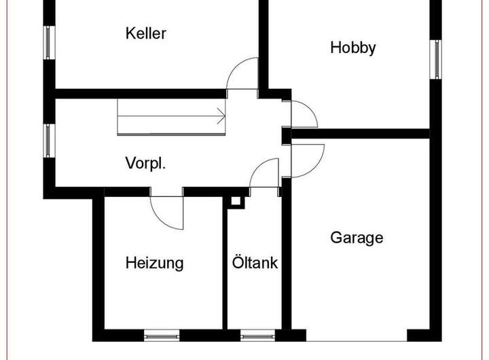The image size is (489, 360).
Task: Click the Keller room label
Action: coord(146,33)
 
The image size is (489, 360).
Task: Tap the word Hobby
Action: coord(352,48)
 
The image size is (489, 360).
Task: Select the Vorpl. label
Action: coord(145,163)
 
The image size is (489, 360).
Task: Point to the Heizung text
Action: coord(154,263)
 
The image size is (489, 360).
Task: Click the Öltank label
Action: coord(255,263)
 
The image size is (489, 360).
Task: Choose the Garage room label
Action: coord(357,238)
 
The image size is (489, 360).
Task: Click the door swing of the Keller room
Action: coord(243,73)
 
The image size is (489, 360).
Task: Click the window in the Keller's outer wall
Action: coord(49,43)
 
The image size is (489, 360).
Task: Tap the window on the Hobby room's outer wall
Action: coord(437,57)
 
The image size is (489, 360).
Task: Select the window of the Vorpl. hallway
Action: coord(49,141)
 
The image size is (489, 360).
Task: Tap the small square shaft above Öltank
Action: coord(235,202)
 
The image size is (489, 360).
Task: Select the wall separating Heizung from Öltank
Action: coord(225,265)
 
